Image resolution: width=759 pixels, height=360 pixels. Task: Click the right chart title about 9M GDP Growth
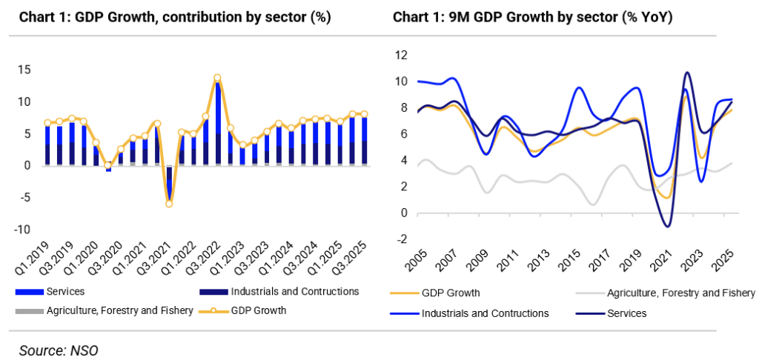point(532,16)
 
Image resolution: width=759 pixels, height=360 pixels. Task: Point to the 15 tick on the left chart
point(24,70)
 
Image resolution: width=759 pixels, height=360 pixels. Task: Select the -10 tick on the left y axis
point(22,230)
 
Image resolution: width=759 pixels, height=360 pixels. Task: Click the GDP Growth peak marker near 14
point(217,77)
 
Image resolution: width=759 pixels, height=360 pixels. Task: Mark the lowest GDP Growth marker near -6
point(169,203)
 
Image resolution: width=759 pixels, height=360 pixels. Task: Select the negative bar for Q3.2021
point(169,183)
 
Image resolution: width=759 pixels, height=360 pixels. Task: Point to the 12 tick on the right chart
point(402,55)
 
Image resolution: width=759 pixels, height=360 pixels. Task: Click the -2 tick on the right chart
point(402,239)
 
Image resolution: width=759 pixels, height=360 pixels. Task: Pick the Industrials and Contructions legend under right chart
point(485,313)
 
